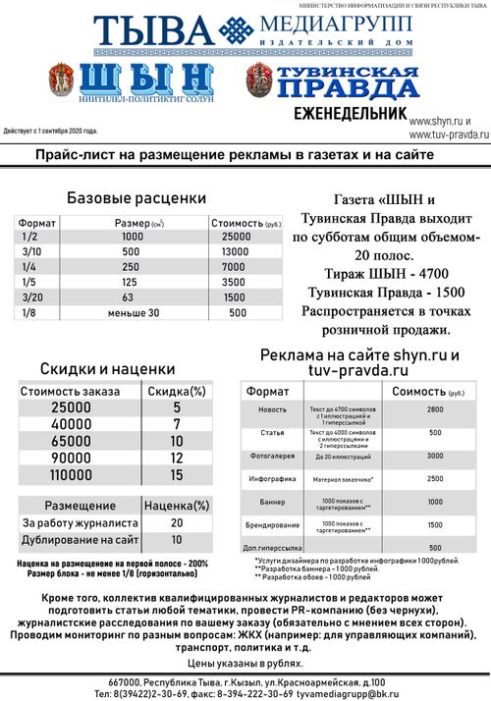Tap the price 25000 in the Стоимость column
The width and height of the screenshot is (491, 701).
(x=238, y=237)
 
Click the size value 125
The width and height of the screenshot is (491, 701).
(x=132, y=282)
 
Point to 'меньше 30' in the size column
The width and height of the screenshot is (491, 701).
(x=133, y=313)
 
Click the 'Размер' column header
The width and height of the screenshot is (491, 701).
(x=137, y=223)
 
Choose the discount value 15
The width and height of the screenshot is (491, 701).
(x=177, y=476)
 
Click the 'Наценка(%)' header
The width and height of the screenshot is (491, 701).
(x=177, y=507)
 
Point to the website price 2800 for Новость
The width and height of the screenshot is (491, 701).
(x=435, y=409)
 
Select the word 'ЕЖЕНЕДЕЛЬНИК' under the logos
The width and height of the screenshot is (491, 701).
(x=350, y=113)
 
